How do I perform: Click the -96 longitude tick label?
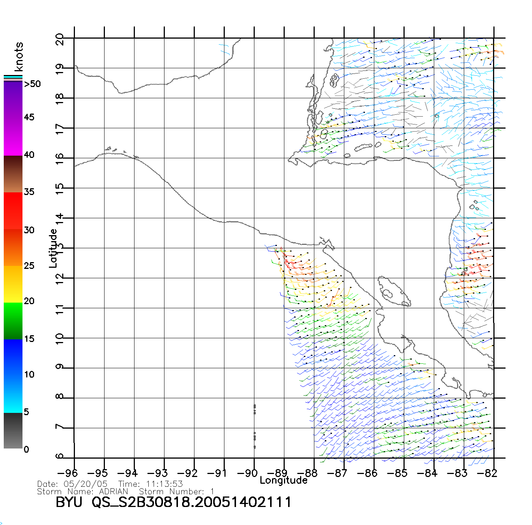tap(68, 473)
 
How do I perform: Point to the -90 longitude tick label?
tap(248, 473)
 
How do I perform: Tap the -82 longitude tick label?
tap(487, 473)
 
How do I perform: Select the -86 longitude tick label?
tap(368, 473)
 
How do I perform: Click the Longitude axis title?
tap(284, 480)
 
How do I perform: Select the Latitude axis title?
tap(53, 248)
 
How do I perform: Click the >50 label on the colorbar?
tap(32, 84)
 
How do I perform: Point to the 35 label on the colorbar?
tap(29, 192)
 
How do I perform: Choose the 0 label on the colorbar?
tap(26, 449)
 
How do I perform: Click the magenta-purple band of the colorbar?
tap(13, 118)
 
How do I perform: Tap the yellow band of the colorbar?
tap(13, 284)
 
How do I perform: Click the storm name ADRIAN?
tap(114, 491)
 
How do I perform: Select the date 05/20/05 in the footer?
tap(86, 484)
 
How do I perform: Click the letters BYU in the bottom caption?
tap(69, 502)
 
